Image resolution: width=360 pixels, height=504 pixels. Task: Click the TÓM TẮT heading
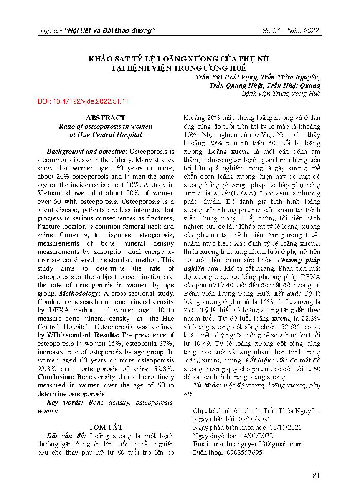[x=106, y=427]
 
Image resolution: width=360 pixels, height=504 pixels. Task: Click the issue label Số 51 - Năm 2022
[x=290, y=30]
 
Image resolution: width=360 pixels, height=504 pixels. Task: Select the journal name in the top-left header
[x=97, y=30]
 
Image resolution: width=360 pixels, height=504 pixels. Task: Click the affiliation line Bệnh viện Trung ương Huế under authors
[x=281, y=94]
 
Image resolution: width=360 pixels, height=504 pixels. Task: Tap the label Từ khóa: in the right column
[x=207, y=385]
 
